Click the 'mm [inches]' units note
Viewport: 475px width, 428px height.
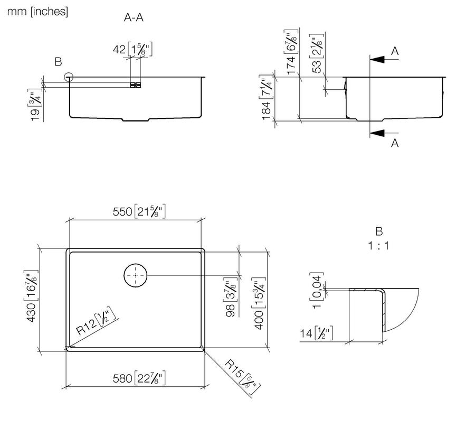[x=37, y=12]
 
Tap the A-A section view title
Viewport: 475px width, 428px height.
[x=134, y=17]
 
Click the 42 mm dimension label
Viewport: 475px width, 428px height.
[x=132, y=49]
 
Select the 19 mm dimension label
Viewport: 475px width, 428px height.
[x=35, y=105]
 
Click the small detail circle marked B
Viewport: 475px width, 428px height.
[x=69, y=77]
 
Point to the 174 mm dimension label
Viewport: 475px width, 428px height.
[x=291, y=52]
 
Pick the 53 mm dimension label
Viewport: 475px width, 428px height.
[x=317, y=54]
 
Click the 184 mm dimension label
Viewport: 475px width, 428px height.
[x=267, y=97]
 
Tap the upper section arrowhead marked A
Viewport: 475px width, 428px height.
[x=377, y=60]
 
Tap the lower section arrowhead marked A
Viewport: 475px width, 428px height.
[x=377, y=133]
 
